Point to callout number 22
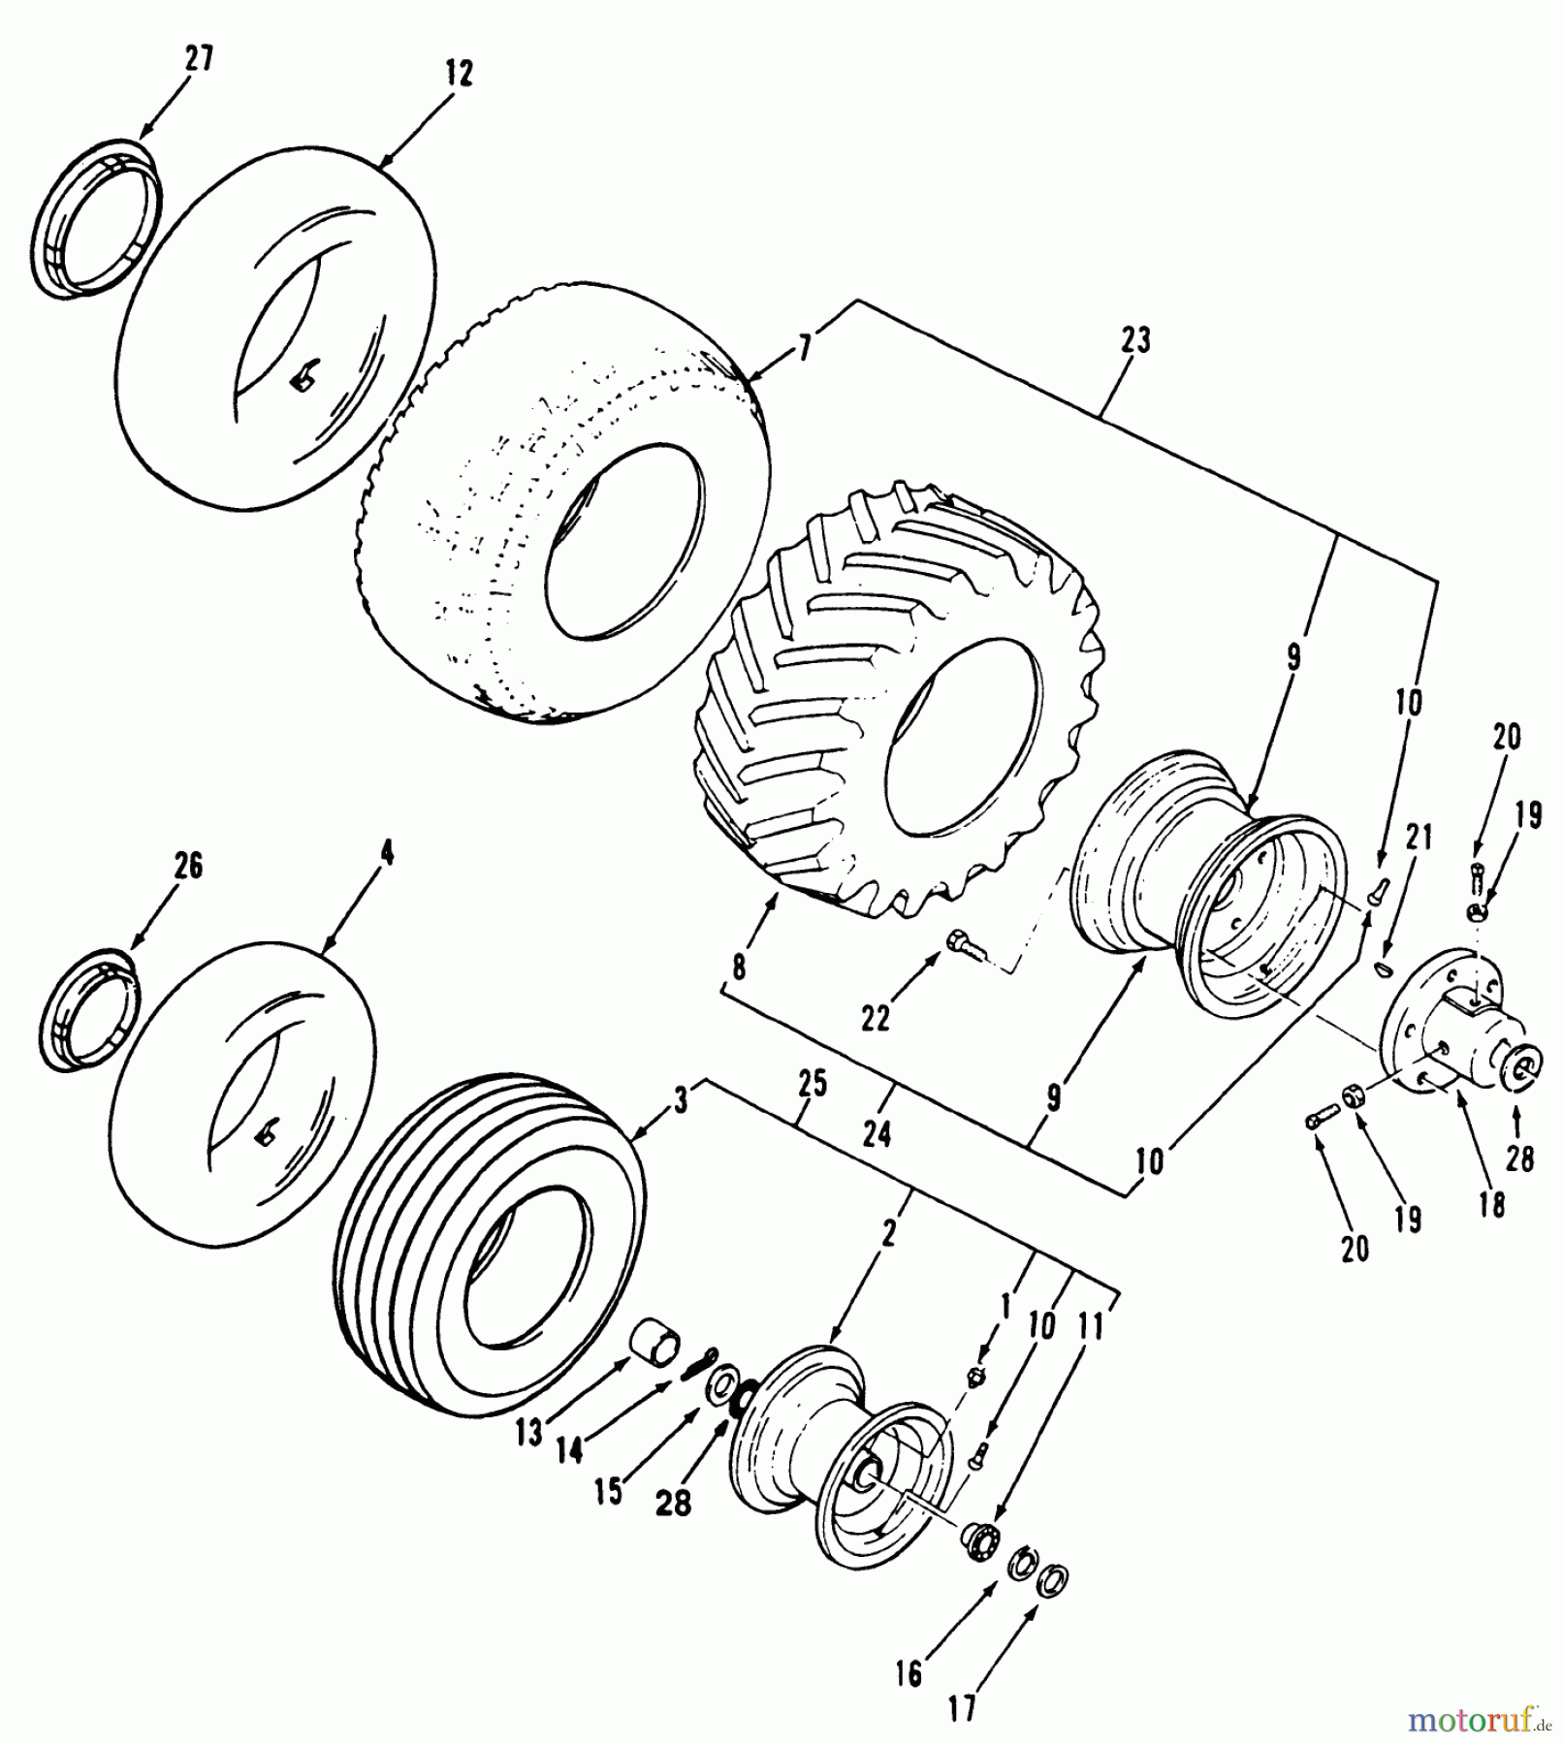[x=875, y=1020]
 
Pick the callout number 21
[x=1418, y=838]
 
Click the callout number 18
[x=1491, y=1204]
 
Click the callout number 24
[x=876, y=1133]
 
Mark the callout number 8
[x=740, y=966]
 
